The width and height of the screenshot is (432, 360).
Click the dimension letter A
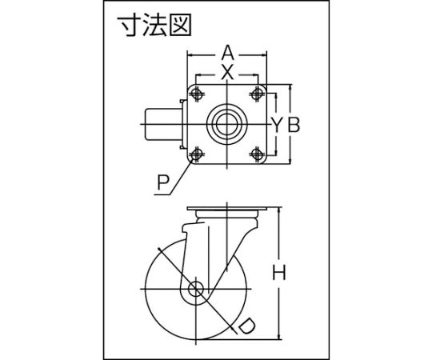coord(227,54)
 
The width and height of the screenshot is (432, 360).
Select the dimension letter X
coord(227,73)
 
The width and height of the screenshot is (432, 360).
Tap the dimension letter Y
coord(277,125)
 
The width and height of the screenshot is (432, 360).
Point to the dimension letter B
coord(294,125)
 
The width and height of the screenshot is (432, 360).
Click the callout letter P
coord(163,182)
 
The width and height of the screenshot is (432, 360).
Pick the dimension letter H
coord(279,272)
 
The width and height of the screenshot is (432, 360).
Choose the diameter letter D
coord(246,326)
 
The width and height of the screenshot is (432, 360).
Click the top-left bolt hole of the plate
coord(197,94)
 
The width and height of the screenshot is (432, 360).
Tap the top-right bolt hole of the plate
coord(257,94)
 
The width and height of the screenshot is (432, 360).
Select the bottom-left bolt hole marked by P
coord(197,154)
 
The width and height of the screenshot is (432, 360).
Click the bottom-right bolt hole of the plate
coord(257,154)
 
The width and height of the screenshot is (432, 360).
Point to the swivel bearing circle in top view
coord(226,125)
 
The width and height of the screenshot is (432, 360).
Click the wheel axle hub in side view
coord(196,290)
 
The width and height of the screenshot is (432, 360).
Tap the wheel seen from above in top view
coord(163,125)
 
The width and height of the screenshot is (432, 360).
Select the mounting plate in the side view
coord(227,209)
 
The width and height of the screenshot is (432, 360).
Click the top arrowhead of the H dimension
coord(280,210)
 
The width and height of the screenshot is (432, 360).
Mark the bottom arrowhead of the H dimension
coord(280,336)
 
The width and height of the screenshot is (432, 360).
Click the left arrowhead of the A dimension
coord(190,55)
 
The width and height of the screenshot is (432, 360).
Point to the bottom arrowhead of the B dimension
coord(290,161)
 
